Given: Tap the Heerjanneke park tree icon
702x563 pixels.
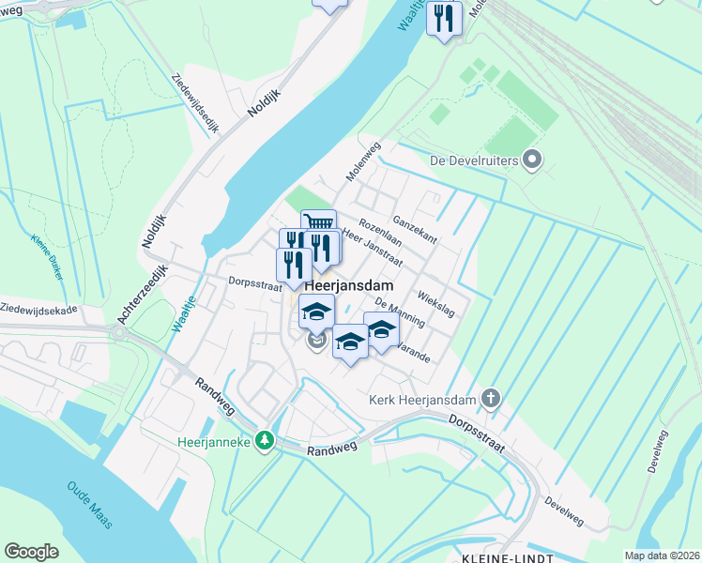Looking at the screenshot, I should coord(266,440).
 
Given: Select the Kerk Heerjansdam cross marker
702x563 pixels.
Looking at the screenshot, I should coord(489,399).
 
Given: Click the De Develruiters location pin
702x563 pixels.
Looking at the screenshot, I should coord(532,160).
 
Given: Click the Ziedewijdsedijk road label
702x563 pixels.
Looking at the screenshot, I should coord(195,104).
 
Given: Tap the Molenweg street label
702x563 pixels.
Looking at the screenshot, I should coord(362,161).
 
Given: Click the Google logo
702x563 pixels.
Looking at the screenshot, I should coord(32,552).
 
